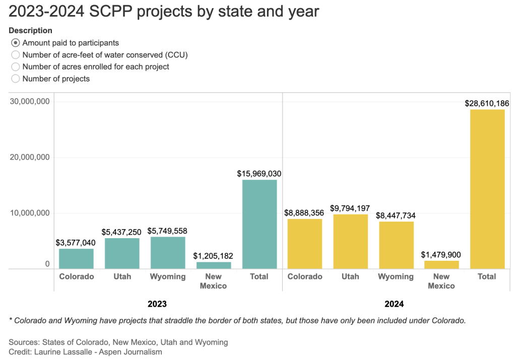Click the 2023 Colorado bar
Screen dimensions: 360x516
(x=76, y=258)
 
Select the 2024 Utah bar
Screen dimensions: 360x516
(x=350, y=241)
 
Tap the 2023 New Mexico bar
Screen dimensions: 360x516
(x=214, y=265)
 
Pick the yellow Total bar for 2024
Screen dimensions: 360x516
(x=487, y=189)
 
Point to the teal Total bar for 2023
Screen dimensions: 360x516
(x=260, y=224)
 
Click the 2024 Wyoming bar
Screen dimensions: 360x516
(x=396, y=245)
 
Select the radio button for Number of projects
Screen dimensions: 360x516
(x=16, y=79)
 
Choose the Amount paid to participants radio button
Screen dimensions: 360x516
(x=16, y=43)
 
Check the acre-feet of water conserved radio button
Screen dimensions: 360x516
(x=16, y=55)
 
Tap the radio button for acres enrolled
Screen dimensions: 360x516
(x=16, y=66)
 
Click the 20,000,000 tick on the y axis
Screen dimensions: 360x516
(x=30, y=157)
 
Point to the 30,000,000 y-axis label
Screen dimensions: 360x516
(x=30, y=101)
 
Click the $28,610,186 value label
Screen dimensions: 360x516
(x=487, y=103)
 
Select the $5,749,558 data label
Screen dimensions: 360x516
(x=167, y=231)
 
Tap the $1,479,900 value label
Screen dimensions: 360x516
(x=441, y=255)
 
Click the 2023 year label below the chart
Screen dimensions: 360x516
(x=157, y=304)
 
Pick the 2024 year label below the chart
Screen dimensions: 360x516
(x=394, y=304)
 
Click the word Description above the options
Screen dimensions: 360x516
(x=30, y=31)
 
